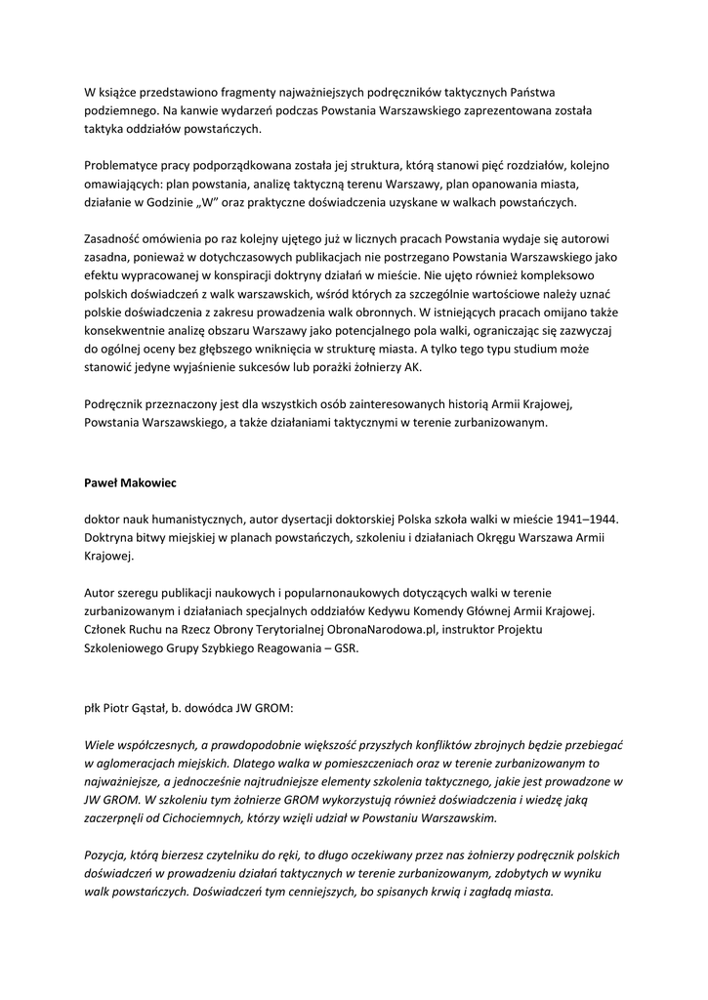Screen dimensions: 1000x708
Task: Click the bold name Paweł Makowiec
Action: [130, 481]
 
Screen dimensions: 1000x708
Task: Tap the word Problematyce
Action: [123, 165]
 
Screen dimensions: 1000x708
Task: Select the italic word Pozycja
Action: [106, 854]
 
